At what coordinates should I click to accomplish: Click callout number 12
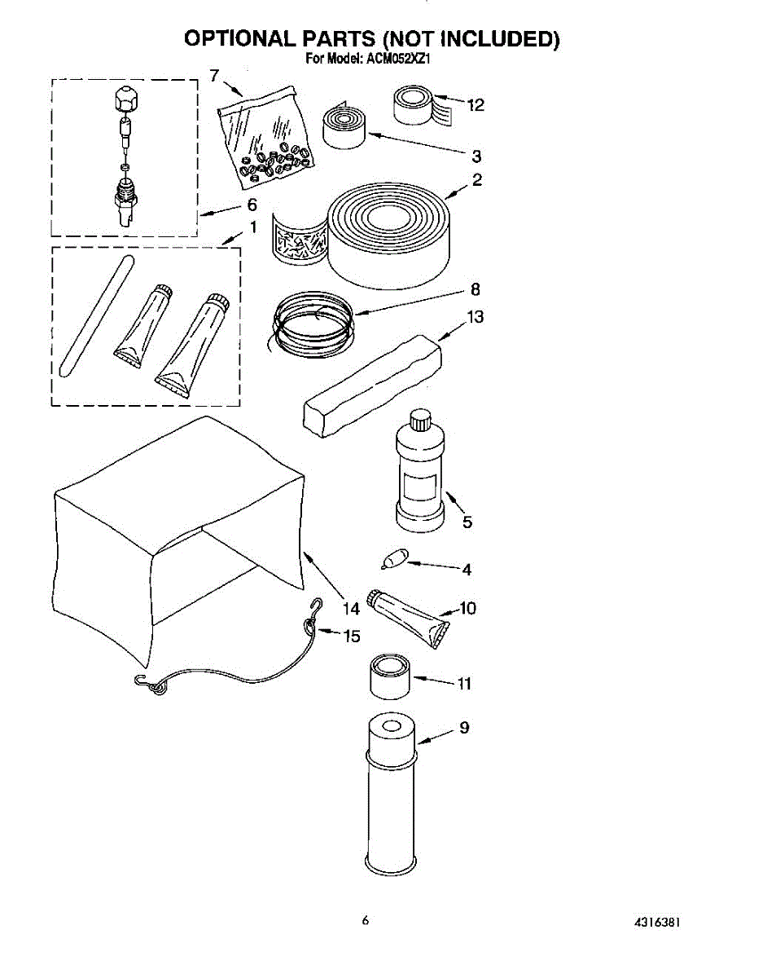click(476, 105)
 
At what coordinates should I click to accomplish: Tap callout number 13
click(475, 317)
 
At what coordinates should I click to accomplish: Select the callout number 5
click(467, 522)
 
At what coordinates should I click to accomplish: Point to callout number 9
click(463, 728)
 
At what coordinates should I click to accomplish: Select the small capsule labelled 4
click(393, 560)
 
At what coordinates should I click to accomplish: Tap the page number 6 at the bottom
click(366, 920)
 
